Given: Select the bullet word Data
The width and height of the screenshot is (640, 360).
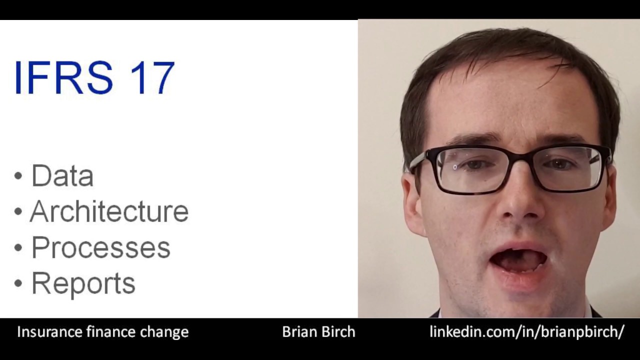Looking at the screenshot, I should point(62,176).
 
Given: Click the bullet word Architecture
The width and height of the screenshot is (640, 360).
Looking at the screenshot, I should point(109,211).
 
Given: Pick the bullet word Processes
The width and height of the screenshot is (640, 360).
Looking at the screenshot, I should point(100,247).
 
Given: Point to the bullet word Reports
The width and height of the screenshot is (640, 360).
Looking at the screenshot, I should point(83,283).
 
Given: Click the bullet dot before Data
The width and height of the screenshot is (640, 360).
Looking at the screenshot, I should point(18,176).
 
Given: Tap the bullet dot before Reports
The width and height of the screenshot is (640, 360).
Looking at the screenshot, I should point(18,283).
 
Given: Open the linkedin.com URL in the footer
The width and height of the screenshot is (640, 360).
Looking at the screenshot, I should point(526,332).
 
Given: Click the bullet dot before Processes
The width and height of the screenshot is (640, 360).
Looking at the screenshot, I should point(18,247).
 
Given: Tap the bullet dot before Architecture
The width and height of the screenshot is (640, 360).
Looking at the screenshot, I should point(18,211).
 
